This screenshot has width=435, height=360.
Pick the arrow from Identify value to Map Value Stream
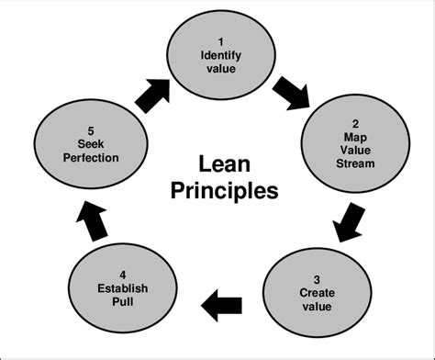point(293,91)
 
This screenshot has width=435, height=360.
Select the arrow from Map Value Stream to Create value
point(348,221)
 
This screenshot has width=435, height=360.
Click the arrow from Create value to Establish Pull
point(221,300)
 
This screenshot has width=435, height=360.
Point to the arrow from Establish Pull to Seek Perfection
point(95,218)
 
